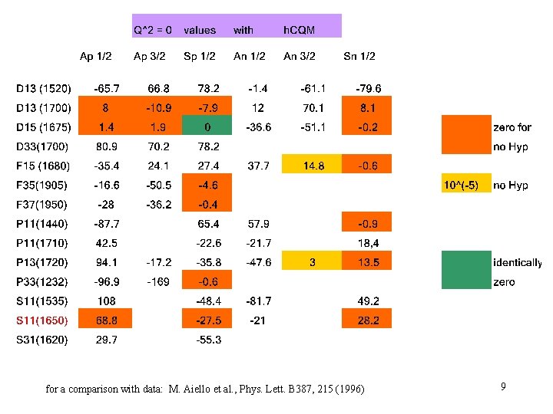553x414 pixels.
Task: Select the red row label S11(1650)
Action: [x=42, y=320]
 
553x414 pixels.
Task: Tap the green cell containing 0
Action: [x=207, y=127]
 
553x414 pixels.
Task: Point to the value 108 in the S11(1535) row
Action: [x=106, y=301]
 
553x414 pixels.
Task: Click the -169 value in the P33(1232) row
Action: [x=158, y=281]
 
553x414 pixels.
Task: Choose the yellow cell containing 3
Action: [x=311, y=262]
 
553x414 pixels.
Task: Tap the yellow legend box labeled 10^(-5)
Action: [x=465, y=185]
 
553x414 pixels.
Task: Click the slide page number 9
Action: [x=503, y=388]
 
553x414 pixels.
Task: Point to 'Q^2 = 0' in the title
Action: [x=153, y=30]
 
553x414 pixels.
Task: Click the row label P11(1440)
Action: [x=41, y=224]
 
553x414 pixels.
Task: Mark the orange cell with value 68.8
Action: [x=106, y=320]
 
